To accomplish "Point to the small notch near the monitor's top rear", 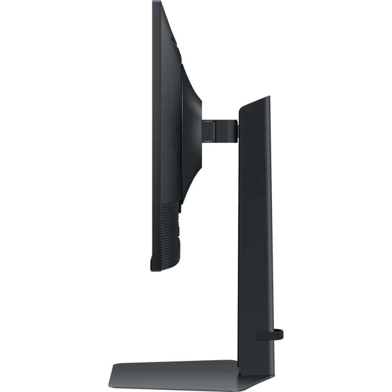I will (x=173, y=38).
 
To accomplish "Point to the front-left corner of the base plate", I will (x=112, y=383).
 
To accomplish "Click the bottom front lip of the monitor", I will (x=155, y=268).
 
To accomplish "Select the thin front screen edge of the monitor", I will (x=154, y=134).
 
